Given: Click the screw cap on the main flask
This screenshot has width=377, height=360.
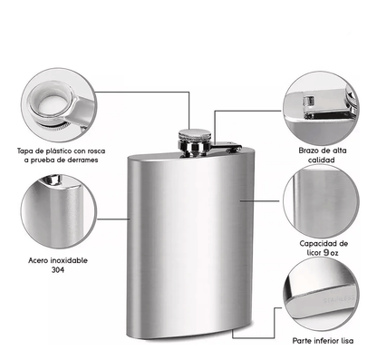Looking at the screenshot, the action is [195, 142].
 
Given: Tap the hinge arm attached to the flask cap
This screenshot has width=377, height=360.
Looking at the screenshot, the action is [226, 146].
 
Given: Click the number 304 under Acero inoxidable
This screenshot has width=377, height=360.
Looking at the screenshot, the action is [58, 269].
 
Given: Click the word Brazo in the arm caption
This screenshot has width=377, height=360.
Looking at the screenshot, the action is [309, 151].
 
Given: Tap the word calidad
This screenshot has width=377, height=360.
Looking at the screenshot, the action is [322, 160].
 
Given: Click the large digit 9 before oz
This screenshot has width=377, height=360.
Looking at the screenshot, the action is [326, 252].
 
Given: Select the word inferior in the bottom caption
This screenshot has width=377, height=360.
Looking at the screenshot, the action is [327, 341].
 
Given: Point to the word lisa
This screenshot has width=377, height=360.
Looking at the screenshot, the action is [347, 341].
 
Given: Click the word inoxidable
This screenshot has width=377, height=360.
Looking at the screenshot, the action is [69, 260].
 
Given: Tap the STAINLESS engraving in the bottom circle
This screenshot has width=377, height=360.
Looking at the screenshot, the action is [339, 299].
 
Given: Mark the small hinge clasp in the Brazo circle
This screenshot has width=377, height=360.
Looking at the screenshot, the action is [309, 101].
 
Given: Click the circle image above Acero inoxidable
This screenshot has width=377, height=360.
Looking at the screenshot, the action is [59, 211].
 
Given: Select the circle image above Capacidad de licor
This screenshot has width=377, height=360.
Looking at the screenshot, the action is [322, 201].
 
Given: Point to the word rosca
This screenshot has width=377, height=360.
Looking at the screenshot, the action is [96, 151].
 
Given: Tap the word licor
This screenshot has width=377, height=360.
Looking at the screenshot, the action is [314, 253].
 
